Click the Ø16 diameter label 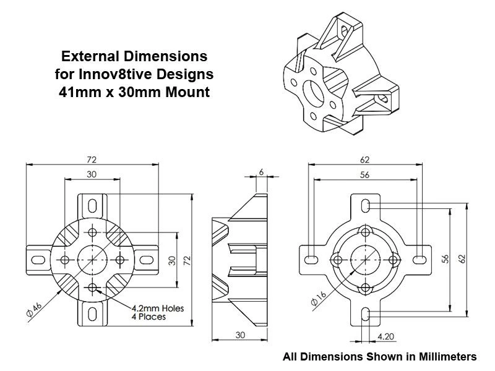coord(318,299)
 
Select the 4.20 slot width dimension coord(384,337)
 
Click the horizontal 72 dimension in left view coord(92,159)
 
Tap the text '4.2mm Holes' coord(157,308)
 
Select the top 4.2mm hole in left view coord(93,232)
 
